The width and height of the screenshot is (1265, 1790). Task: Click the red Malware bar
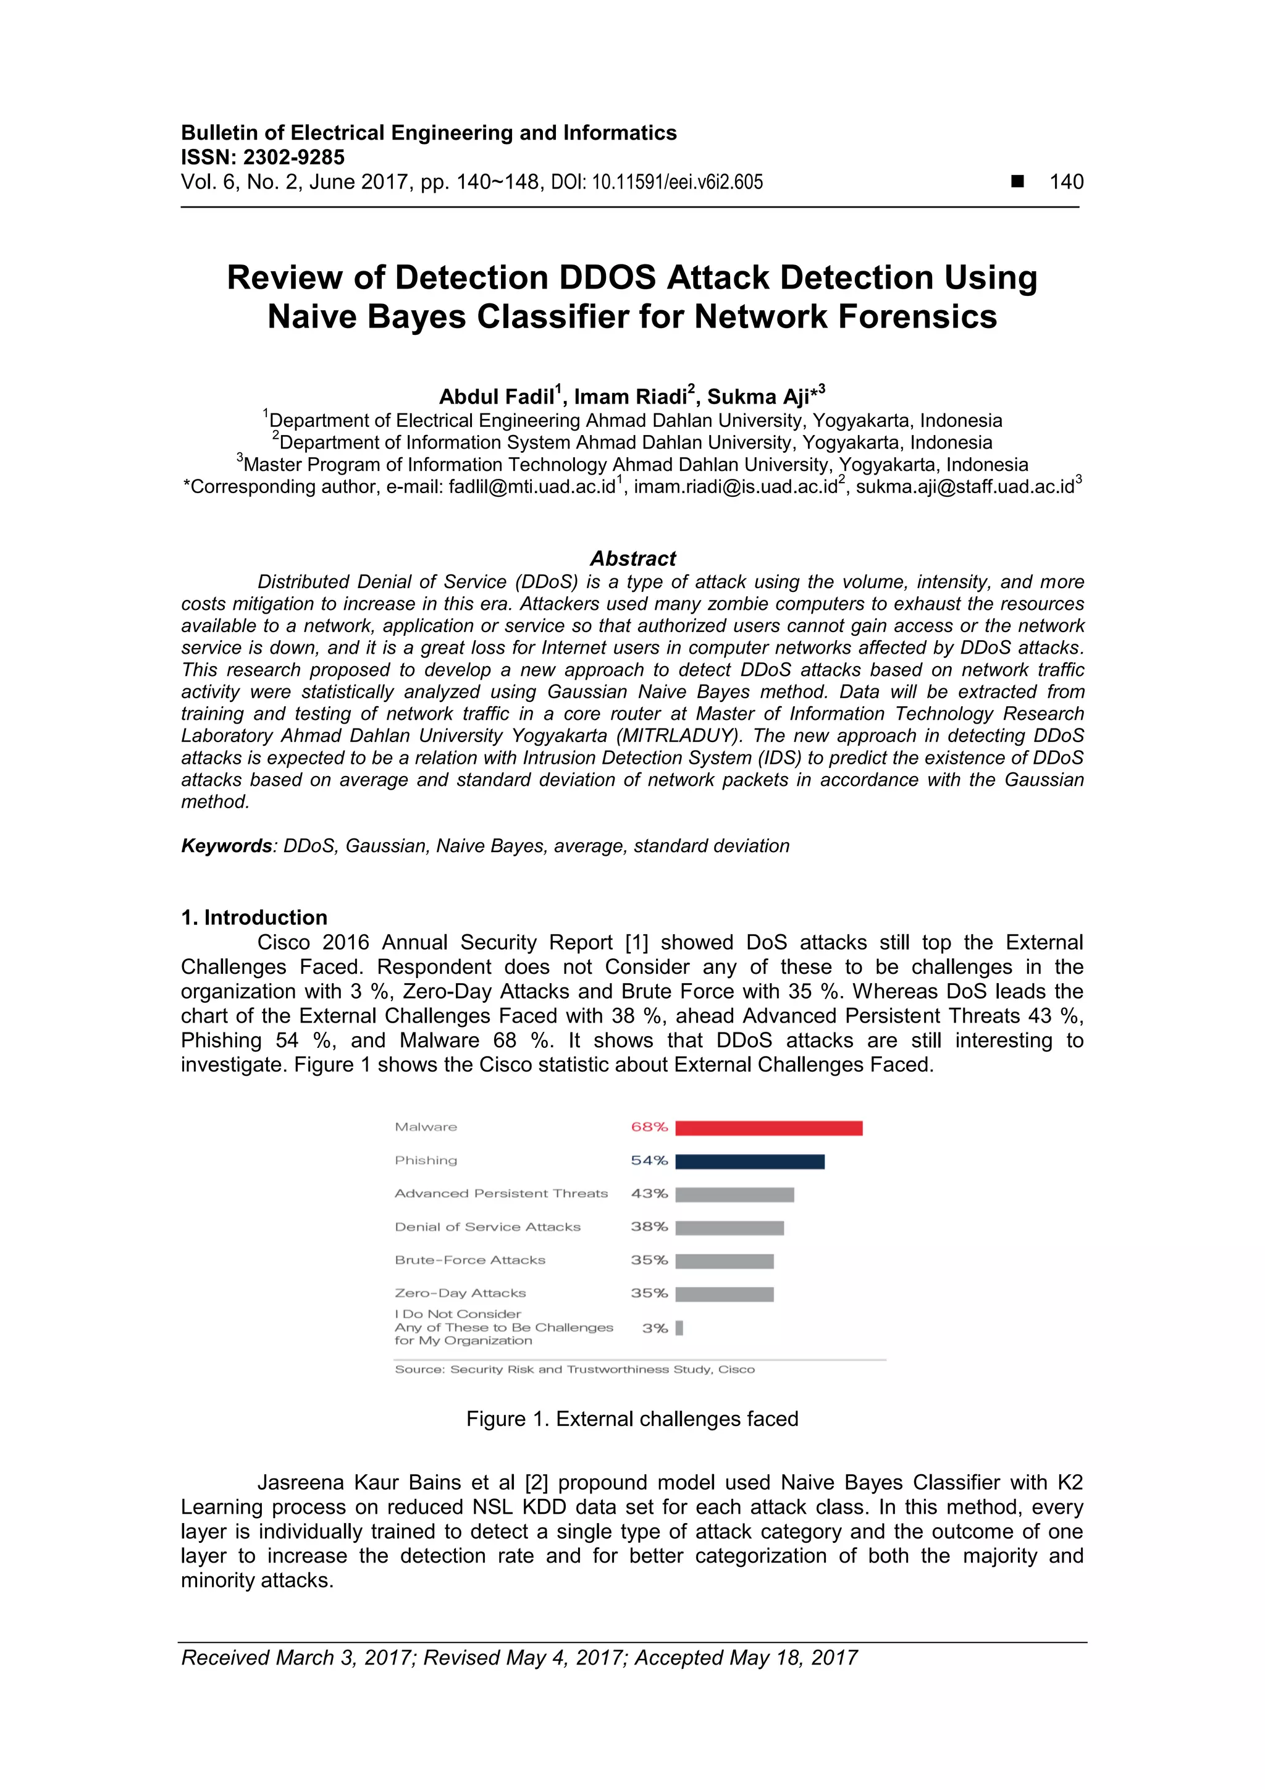click(768, 1128)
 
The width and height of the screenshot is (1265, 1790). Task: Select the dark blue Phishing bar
click(750, 1162)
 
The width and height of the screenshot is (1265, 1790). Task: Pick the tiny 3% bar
click(679, 1328)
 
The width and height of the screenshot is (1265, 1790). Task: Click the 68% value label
click(649, 1128)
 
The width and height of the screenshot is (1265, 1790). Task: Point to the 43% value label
click(649, 1194)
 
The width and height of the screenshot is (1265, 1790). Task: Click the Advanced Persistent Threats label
click(501, 1194)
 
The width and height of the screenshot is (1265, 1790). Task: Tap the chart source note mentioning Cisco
click(574, 1369)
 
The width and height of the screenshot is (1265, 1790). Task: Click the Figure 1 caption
click(632, 1419)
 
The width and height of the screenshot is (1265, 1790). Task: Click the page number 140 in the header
click(1066, 182)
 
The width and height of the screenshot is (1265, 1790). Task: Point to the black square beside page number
click(1017, 182)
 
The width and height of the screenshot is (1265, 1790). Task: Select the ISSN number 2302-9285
click(294, 158)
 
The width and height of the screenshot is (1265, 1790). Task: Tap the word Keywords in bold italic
click(226, 846)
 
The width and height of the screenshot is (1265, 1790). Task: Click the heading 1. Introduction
click(254, 918)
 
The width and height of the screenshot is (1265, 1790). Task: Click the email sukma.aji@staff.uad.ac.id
click(965, 488)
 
